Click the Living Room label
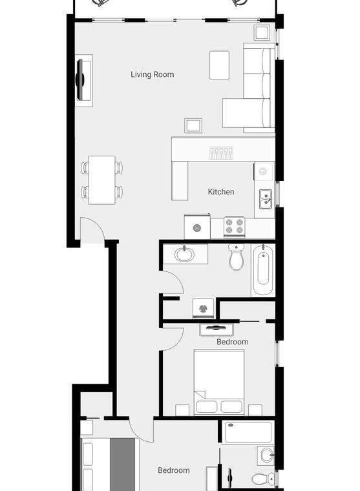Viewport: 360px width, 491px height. (153, 74)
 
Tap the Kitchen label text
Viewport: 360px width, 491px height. (221, 192)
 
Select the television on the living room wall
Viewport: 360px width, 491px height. (81, 80)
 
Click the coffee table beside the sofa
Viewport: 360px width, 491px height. (219, 65)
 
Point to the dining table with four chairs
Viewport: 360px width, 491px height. (102, 180)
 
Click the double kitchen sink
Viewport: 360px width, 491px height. (266, 199)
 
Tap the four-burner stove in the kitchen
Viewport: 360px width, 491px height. (235, 226)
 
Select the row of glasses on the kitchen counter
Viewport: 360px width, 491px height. (221, 153)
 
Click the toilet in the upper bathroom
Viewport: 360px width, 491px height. (237, 257)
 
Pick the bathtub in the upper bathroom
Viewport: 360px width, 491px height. (263, 269)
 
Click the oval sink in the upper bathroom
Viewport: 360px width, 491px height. (184, 254)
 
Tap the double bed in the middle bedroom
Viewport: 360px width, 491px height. (219, 382)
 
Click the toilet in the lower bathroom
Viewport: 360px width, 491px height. (263, 479)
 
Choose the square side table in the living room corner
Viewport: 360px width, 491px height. (262, 32)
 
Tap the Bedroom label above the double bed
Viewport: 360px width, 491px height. (233, 342)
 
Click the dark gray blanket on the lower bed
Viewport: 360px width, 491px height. (123, 465)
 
